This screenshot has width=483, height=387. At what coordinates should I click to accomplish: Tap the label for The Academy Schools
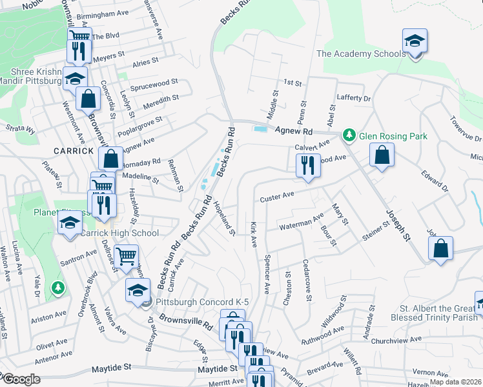[x=360, y=54]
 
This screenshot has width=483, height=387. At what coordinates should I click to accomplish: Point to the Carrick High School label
[x=119, y=233]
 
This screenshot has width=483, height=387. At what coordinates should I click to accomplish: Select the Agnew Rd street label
[x=294, y=130]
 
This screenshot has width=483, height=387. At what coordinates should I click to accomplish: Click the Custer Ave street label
[x=277, y=197]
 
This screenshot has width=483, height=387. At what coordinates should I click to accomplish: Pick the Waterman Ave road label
[x=301, y=223]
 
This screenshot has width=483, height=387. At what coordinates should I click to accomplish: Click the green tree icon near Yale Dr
[x=59, y=286]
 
